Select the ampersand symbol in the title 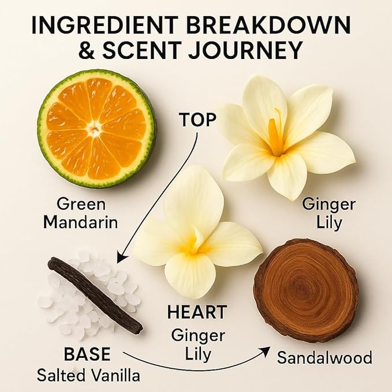coord(88,50)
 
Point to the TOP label coord(197,120)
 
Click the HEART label coord(197,312)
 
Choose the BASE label coord(87,354)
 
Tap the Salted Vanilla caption coord(88,375)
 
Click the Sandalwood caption coord(324,357)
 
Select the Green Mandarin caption coord(80,213)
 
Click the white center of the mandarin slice coord(95,129)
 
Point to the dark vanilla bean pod coord(95,295)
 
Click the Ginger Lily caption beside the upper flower coord(328,213)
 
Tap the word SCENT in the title coord(141,50)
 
